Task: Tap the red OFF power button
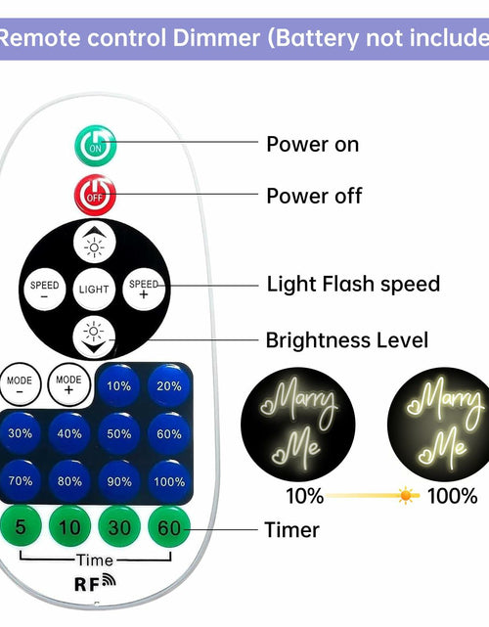click(x=95, y=195)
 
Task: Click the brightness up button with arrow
click(x=94, y=243)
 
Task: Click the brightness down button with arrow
click(x=94, y=337)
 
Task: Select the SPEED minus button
click(x=44, y=290)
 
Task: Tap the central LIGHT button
click(x=94, y=290)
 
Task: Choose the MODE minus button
click(x=20, y=384)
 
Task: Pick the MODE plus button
click(x=68, y=384)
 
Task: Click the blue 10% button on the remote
click(x=118, y=385)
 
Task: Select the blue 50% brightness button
click(x=118, y=434)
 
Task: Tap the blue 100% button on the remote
click(x=169, y=481)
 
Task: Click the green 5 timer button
click(x=20, y=526)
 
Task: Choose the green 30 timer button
click(x=119, y=526)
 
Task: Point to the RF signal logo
click(x=95, y=582)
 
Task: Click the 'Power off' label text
click(x=314, y=196)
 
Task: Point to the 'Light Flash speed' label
click(x=353, y=284)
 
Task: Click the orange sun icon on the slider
click(x=406, y=496)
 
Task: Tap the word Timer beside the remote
click(x=291, y=530)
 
